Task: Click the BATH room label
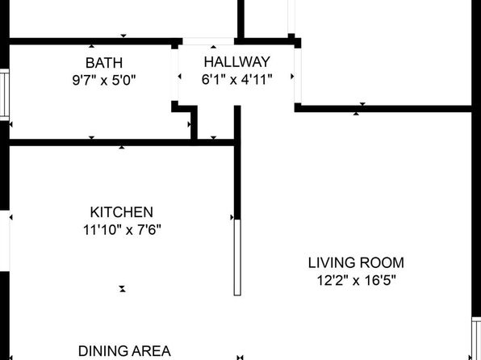tap(104, 63)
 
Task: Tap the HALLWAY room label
tap(237, 62)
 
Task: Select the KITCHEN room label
tap(122, 212)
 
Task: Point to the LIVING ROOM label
tap(356, 263)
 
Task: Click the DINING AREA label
tap(124, 351)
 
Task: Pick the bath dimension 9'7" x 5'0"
tap(104, 81)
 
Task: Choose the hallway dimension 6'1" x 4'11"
tap(237, 80)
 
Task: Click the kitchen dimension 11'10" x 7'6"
tap(122, 229)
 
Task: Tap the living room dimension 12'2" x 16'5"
tap(356, 281)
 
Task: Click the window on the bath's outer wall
tap(5, 94)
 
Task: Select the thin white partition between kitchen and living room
tap(237, 257)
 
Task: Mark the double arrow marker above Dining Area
tap(123, 289)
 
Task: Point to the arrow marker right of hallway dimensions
tap(292, 76)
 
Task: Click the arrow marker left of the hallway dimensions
tap(180, 76)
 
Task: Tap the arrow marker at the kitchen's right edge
tap(232, 217)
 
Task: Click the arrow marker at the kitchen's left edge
tap(11, 217)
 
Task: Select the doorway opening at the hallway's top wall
tap(208, 41)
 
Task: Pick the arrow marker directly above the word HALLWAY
tap(214, 47)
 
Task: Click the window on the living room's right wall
tap(476, 338)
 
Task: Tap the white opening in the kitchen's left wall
tap(5, 241)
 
